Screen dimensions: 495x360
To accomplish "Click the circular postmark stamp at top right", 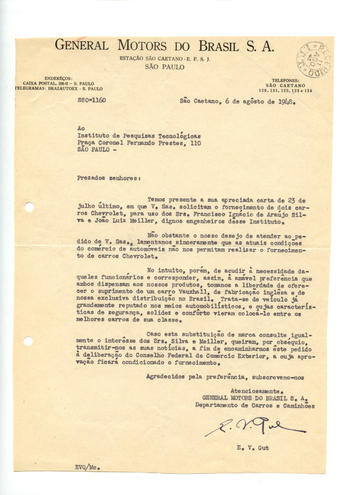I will coord(314,59).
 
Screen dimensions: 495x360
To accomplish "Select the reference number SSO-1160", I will coord(92,100).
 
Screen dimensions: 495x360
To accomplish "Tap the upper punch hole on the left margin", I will coord(29,207).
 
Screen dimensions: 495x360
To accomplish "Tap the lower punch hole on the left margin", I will coord(28,341).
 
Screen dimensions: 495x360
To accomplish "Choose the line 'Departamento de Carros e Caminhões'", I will coord(255,405).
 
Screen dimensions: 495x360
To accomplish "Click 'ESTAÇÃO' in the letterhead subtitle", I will coord(132,58).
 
